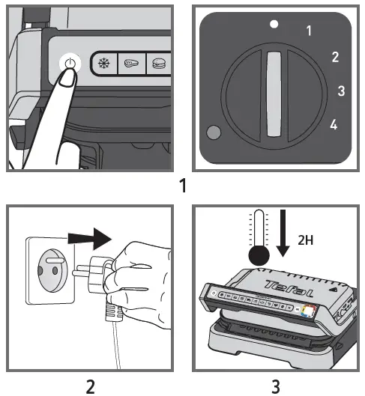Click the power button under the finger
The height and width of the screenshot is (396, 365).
coord(70,64)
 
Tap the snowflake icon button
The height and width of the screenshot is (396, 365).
coord(103,63)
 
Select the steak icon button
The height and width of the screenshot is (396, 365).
coord(132,63)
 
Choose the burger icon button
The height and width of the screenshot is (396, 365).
coord(159,63)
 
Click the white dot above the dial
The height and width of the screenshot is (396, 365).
coord(274,24)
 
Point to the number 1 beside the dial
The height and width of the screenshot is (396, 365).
coord(309,31)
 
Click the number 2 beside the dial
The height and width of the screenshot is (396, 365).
coord(335,57)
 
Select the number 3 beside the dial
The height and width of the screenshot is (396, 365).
coord(341,91)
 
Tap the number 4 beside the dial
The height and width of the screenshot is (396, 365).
coord(334,124)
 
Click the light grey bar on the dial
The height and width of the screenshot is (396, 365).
coord(274,94)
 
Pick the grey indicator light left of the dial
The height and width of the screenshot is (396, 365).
coord(214,132)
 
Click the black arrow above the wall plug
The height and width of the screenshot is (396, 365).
coord(90,239)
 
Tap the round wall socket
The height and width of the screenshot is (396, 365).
coord(52,270)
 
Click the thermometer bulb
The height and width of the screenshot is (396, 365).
coord(259,255)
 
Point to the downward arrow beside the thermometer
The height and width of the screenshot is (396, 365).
coord(283,233)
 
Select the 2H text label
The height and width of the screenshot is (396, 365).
coord(305,240)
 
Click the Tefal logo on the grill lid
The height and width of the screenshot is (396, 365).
coord(289,288)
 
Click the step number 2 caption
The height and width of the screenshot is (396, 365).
coord(91,386)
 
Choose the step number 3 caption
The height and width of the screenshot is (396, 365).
coord(276,386)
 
